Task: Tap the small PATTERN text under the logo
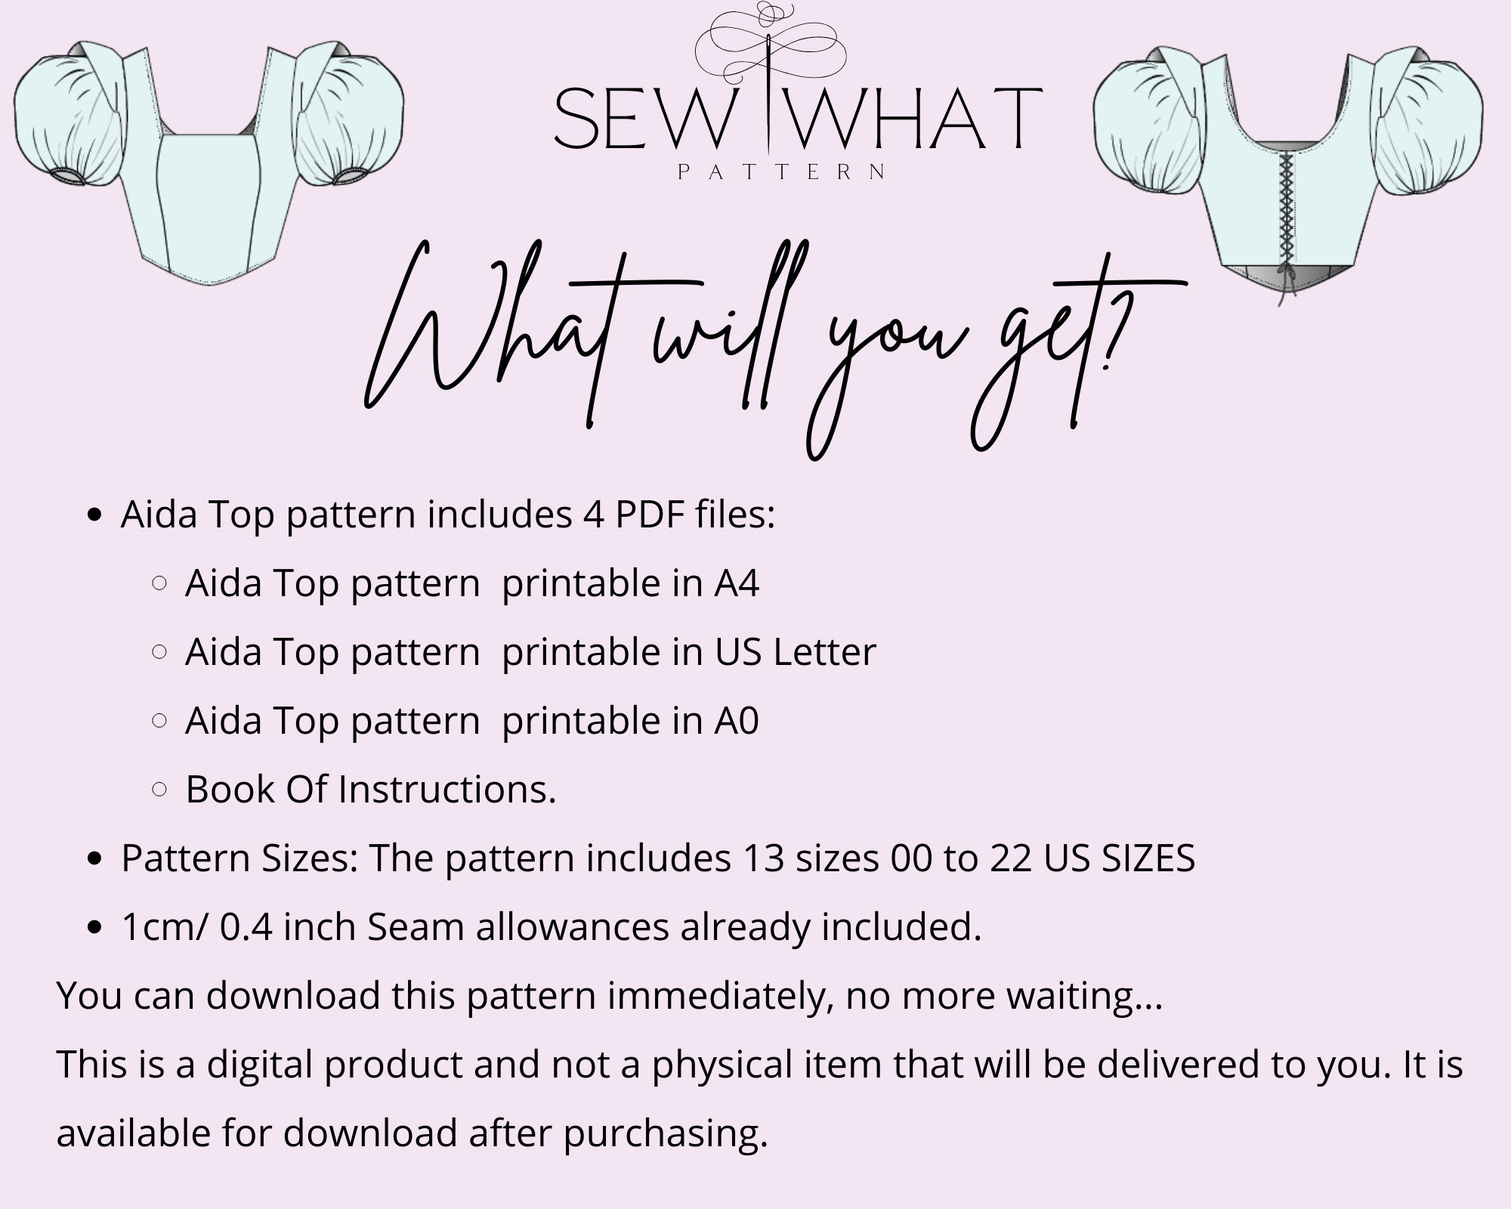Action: [x=782, y=172]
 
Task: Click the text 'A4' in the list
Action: [x=737, y=583]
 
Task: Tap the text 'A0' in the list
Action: [x=737, y=721]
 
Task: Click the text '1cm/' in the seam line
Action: [x=164, y=928]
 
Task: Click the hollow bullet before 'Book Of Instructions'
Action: [x=159, y=790]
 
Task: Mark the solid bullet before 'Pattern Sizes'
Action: [x=94, y=859]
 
